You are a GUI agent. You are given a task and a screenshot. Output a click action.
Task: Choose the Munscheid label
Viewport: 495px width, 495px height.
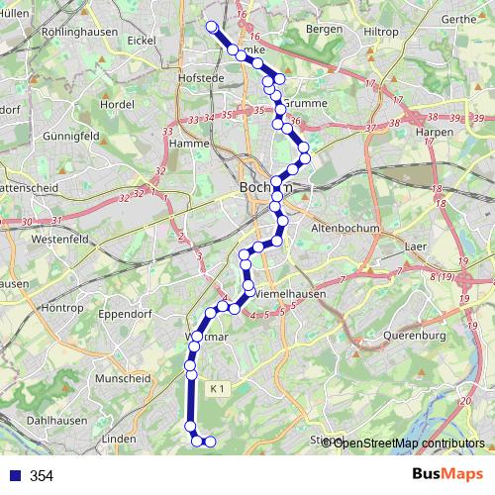pos(121,378)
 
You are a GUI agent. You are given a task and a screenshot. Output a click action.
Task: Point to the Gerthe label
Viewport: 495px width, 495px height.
pos(458,19)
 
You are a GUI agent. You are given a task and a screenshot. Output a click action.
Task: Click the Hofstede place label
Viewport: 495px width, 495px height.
pos(196,75)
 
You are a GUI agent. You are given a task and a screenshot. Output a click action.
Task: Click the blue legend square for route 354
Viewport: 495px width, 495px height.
pos(12,475)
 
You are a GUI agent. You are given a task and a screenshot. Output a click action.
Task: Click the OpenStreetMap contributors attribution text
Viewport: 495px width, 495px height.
pos(409,443)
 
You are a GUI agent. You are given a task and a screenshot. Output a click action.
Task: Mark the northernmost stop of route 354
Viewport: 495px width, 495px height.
pos(210,27)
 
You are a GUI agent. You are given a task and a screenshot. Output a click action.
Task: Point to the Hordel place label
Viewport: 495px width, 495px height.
pos(117,104)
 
